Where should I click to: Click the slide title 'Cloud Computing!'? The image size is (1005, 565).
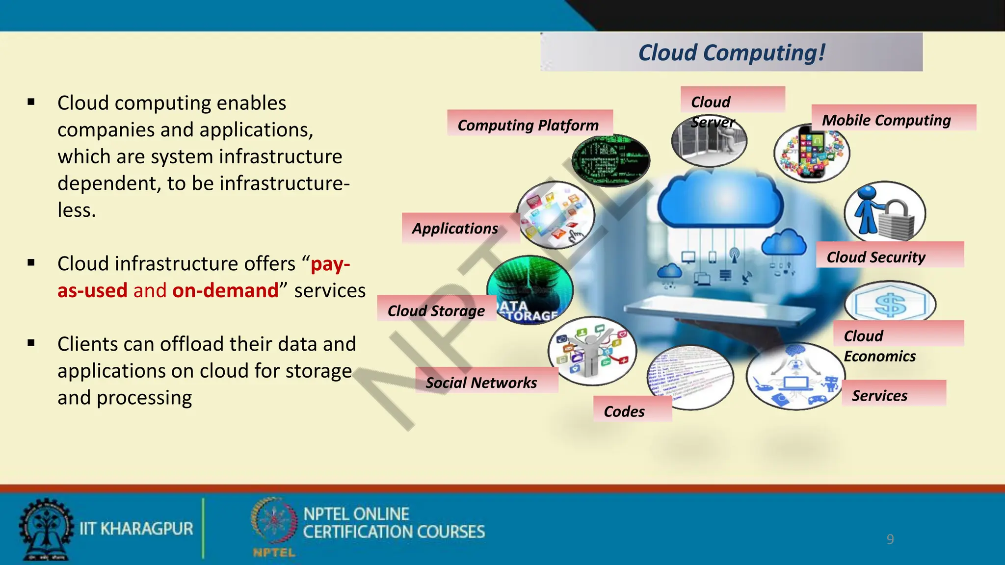[x=731, y=52]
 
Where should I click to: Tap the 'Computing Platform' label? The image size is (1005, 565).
[x=528, y=125]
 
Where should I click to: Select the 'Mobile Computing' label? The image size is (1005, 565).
[x=886, y=120]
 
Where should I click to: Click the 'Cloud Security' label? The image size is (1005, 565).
[x=876, y=257]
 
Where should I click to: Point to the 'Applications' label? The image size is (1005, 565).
[x=455, y=229]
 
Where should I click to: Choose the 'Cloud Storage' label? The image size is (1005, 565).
[x=436, y=311]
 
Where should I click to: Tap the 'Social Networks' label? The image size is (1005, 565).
[x=481, y=383]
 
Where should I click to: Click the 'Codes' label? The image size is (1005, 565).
[x=624, y=411]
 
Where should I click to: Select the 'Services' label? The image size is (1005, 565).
[x=879, y=395]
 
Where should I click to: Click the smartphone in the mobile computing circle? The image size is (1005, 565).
[x=811, y=152]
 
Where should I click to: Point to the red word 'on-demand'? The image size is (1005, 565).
[x=225, y=290]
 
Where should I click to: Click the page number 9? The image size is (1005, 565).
[x=890, y=539]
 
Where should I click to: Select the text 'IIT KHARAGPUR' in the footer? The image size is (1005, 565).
[x=136, y=529]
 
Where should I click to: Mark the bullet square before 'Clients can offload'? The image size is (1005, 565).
[x=31, y=343]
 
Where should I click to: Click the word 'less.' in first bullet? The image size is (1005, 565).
[x=77, y=210]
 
